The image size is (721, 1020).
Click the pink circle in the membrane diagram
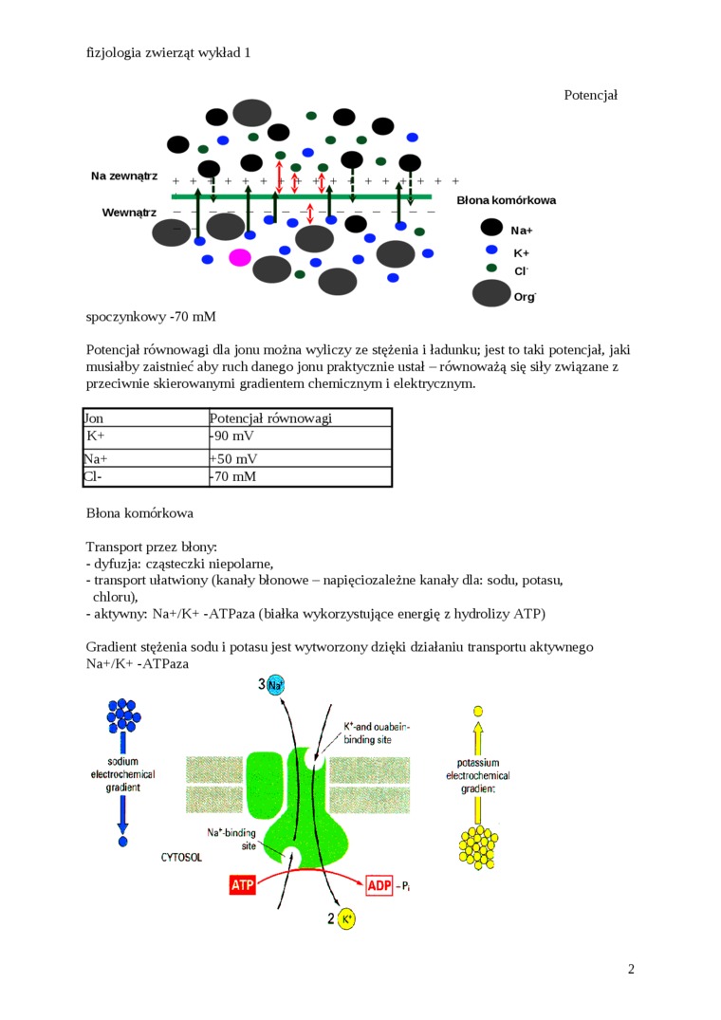pos(240,257)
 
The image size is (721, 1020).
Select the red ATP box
pos(243,885)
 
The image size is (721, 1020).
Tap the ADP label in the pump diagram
pos(378,885)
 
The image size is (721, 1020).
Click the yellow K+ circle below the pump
pos(346,918)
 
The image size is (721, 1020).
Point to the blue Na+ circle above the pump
pos(276,685)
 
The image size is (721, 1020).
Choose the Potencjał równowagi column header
pos(270,417)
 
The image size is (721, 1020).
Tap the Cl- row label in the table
pos(93,476)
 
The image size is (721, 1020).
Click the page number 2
pos(631,969)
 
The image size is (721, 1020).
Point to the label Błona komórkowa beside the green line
pos(506,200)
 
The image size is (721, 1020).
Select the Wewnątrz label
pos(129,212)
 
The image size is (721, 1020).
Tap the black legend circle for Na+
pos(491,228)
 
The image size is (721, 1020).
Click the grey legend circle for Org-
pos(491,294)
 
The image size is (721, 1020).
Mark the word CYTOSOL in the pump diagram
pos(180,857)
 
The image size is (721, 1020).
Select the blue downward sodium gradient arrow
pos(122,811)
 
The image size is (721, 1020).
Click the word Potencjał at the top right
pos(590,95)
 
